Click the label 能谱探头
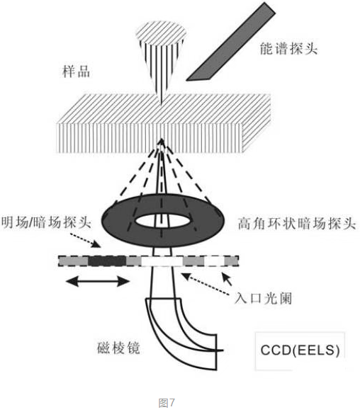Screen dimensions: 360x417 [289, 49]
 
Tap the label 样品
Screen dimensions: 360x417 [76, 72]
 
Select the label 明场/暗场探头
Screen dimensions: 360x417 [46, 222]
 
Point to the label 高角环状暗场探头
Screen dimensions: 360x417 [297, 224]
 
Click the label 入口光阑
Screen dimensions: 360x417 [264, 298]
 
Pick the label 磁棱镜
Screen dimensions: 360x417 [119, 348]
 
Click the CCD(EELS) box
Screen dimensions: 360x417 [300, 350]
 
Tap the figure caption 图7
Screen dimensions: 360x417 [167, 403]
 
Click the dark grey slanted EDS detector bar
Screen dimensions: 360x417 [230, 42]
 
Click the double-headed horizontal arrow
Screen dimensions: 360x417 [98, 281]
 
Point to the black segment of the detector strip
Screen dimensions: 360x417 [107, 261]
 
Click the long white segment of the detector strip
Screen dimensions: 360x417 [162, 261]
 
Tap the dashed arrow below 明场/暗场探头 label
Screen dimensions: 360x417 [86, 241]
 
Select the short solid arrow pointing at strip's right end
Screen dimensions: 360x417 [227, 279]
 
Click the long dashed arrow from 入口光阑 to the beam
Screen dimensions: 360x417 [205, 284]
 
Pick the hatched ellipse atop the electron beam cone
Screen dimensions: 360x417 [161, 34]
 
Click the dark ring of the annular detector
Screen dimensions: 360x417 [117, 222]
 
